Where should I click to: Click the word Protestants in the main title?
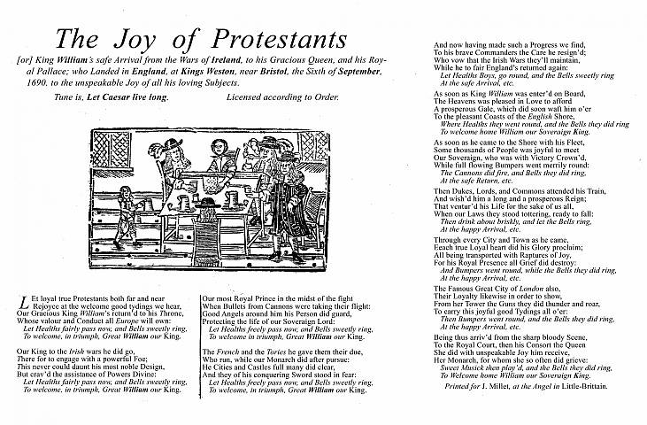pyautogui.click(x=271, y=41)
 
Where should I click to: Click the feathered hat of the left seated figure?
pyautogui.click(x=173, y=147)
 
